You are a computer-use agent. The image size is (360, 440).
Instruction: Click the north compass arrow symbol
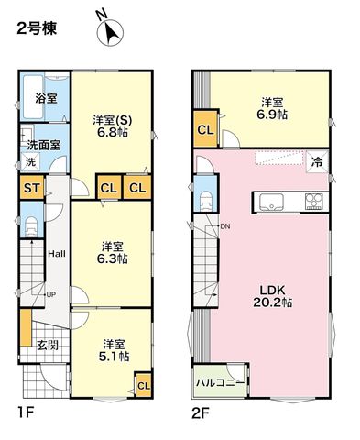109,30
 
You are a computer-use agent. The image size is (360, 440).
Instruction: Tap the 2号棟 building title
37,29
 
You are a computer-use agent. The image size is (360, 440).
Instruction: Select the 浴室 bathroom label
46,98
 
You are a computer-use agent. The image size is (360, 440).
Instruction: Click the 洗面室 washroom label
44,145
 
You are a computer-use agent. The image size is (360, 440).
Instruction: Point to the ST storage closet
32,188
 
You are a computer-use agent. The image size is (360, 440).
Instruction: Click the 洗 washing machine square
30,161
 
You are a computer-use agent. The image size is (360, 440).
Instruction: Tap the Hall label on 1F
57,254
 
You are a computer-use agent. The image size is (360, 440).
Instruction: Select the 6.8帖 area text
113,133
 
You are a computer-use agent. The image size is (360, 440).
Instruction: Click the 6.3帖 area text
112,258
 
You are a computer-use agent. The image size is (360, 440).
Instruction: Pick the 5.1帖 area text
114,357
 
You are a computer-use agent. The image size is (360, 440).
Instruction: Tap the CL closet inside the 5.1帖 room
144,386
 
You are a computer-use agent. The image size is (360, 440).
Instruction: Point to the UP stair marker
50,294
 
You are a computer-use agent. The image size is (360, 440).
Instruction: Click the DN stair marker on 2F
225,226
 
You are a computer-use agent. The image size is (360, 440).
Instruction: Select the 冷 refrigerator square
317,162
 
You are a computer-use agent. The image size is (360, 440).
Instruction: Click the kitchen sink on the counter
271,203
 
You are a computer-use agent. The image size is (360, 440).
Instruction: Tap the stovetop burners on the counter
314,202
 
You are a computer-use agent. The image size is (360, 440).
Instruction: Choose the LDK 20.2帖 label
272,296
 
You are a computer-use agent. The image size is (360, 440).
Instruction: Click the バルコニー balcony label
220,383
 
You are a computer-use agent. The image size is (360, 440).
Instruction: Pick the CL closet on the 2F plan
205,130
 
